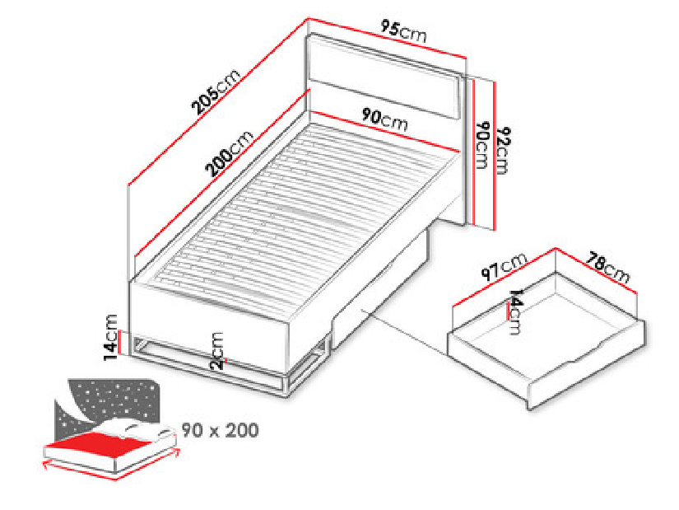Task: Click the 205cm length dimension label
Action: (215, 91)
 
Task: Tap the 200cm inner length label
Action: (230, 153)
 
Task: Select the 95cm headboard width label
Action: (403, 31)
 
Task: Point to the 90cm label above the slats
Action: (385, 119)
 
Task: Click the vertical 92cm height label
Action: (503, 151)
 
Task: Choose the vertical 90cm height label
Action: (482, 145)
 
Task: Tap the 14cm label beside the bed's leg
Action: (110, 338)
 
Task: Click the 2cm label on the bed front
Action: (217, 350)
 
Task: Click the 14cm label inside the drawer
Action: (515, 311)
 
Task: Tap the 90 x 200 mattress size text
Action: (220, 430)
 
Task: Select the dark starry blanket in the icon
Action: (109, 404)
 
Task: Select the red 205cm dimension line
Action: (218, 102)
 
